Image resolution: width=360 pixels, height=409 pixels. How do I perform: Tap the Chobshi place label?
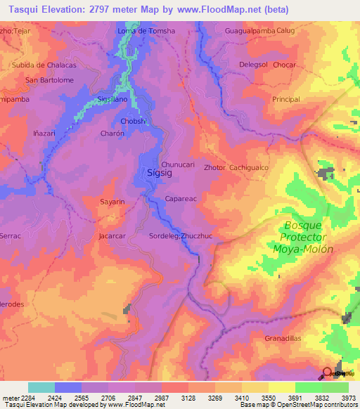point(134,122)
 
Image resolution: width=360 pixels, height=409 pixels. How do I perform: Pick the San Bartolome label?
point(50,80)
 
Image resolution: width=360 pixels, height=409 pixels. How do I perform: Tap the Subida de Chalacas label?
point(44,65)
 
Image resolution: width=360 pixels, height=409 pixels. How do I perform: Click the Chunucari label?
point(178,164)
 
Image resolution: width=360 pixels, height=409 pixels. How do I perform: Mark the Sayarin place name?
point(112,202)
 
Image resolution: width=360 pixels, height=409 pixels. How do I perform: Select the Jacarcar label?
point(112,236)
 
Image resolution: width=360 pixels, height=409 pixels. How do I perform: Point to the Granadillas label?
point(283,339)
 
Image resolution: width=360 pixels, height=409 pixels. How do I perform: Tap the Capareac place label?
point(180,199)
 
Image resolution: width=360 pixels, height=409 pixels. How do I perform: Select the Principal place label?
point(286,100)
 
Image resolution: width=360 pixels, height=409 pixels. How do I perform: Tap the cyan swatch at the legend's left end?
point(41,387)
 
